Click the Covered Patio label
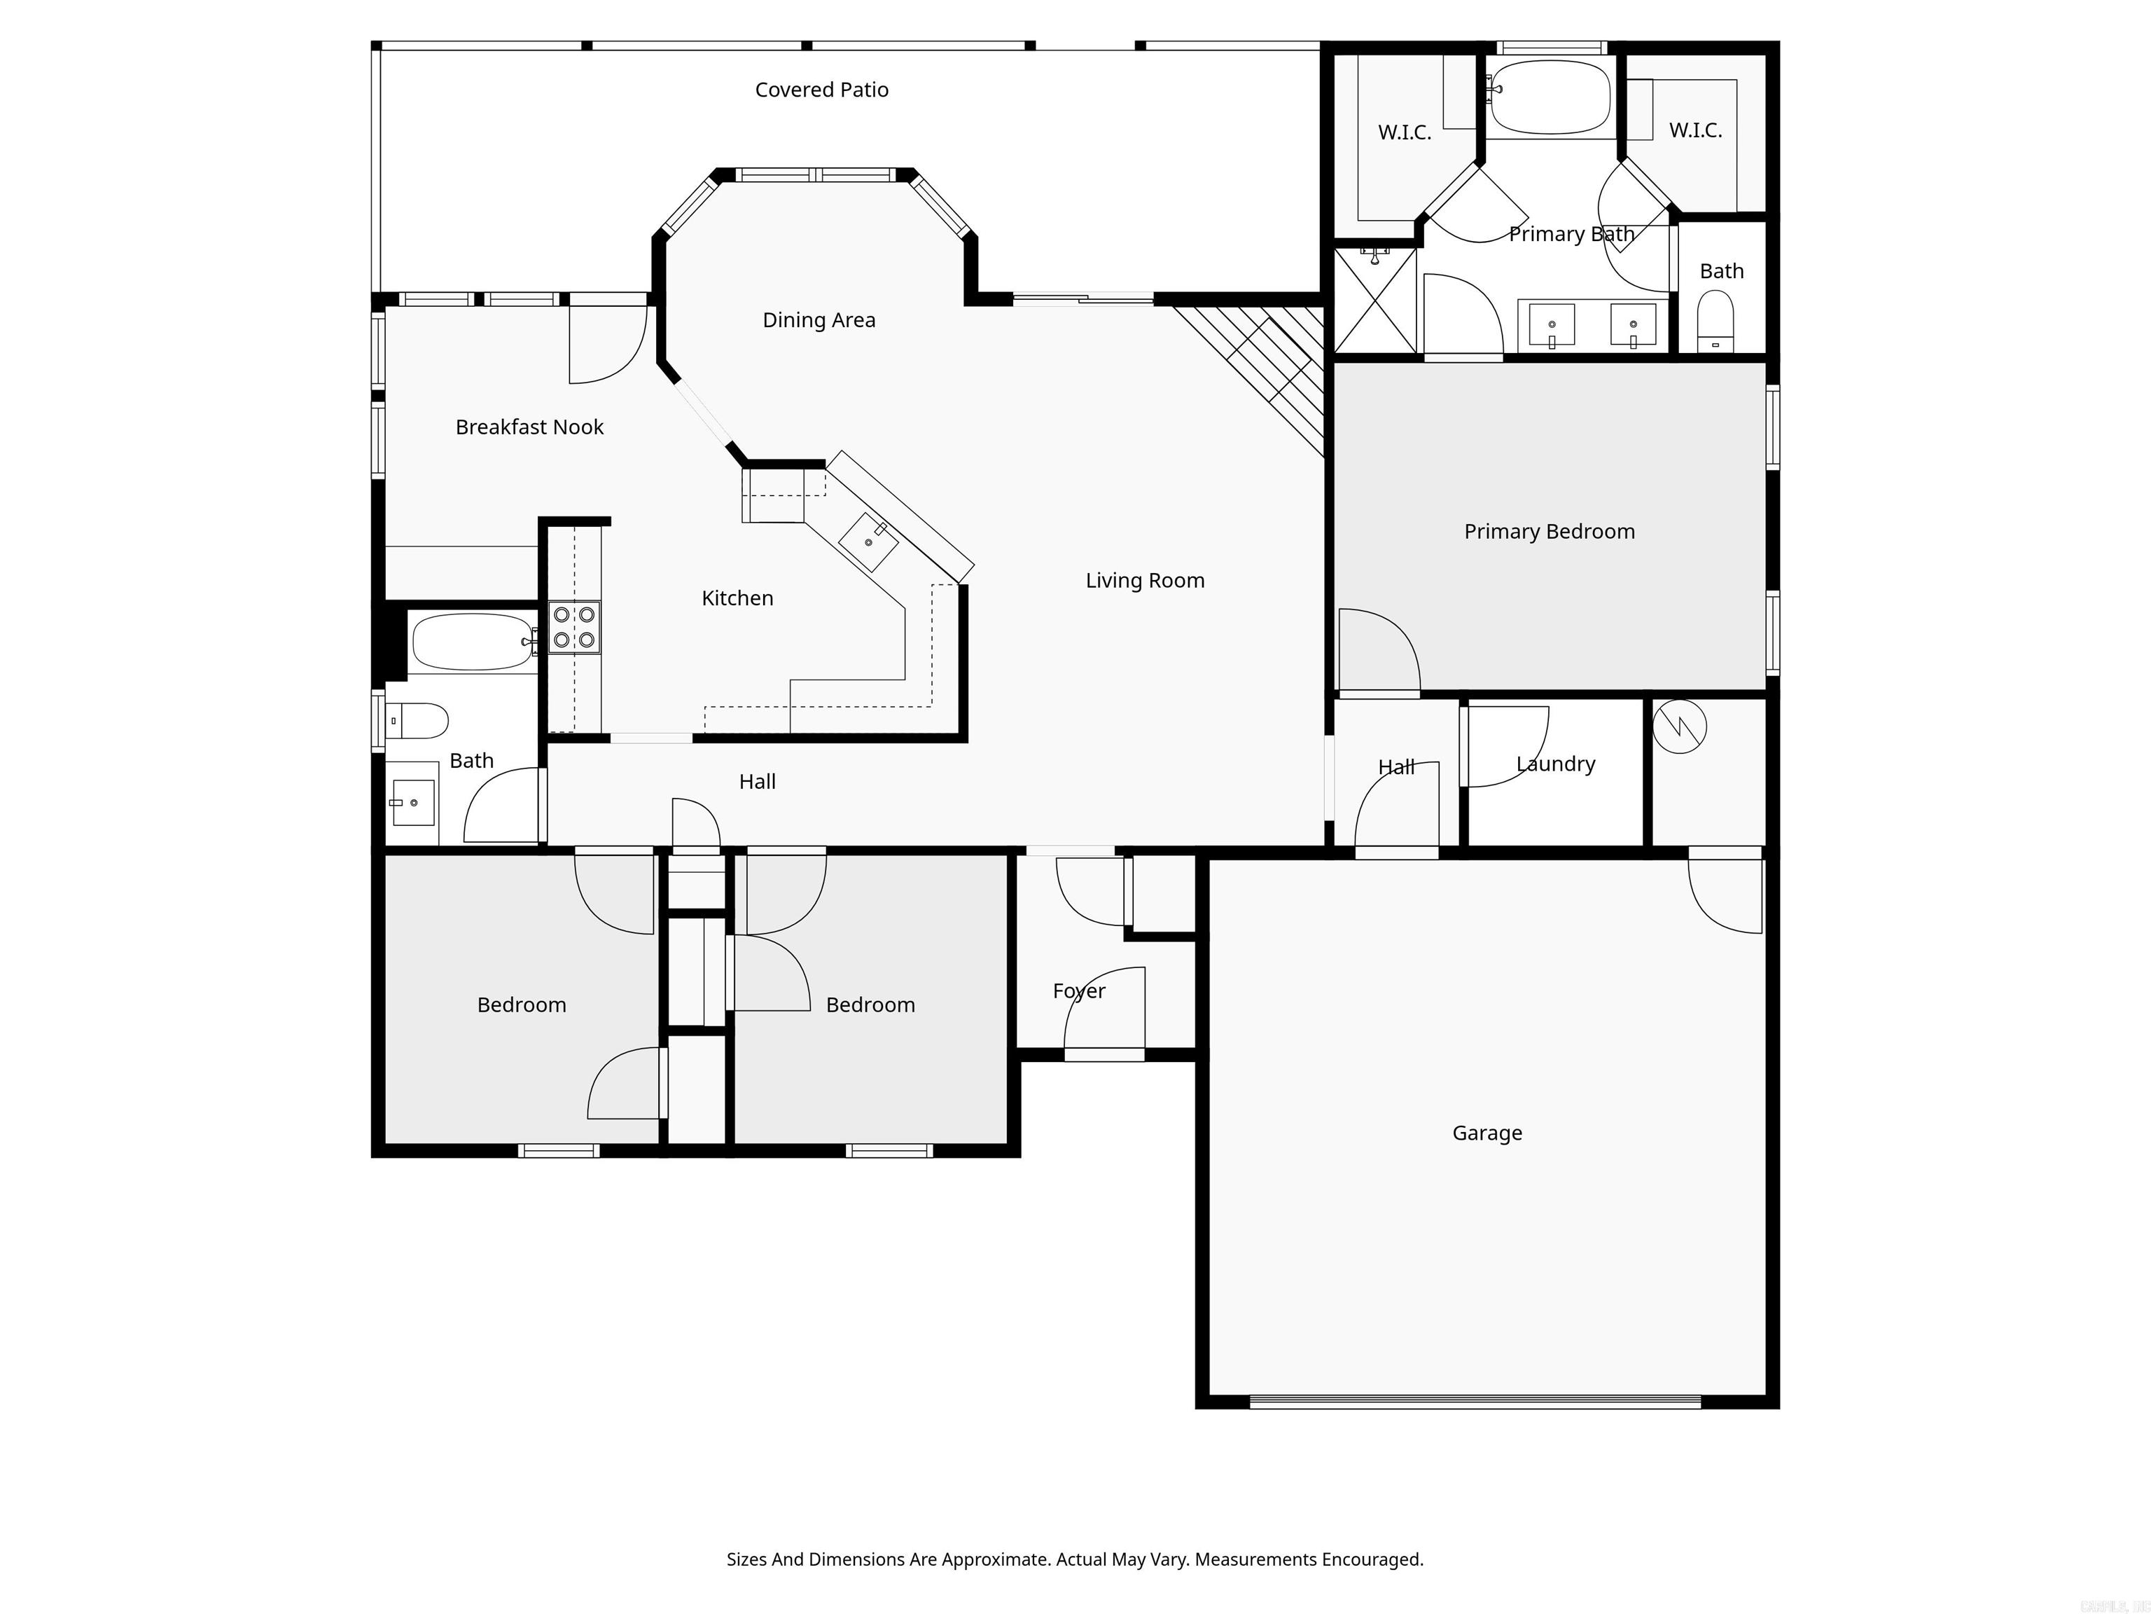click(x=822, y=90)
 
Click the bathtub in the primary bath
click(x=1550, y=97)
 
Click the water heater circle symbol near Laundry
click(x=1679, y=726)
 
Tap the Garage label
click(x=1487, y=1133)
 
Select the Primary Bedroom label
click(x=1549, y=531)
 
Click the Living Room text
click(x=1145, y=581)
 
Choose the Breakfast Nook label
click(x=529, y=427)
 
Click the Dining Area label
click(x=819, y=320)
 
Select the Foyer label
click(x=1078, y=991)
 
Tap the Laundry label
click(x=1555, y=764)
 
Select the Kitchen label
click(x=737, y=598)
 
